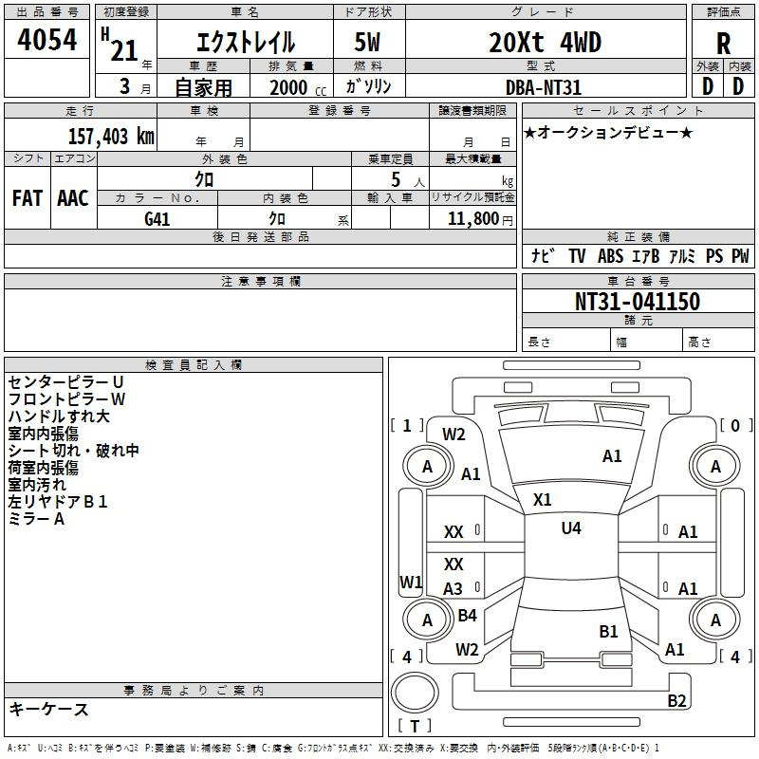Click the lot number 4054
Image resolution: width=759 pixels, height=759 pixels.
(46, 40)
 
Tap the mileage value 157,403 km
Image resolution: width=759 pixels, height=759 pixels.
(111, 137)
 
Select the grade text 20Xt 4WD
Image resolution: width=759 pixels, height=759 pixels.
(545, 42)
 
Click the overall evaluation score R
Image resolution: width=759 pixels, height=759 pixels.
(723, 44)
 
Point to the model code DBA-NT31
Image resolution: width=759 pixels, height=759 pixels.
(543, 87)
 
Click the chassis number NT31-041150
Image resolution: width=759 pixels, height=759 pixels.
(638, 301)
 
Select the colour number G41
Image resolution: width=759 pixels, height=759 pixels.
(157, 219)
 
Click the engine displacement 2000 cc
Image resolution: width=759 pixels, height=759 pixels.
(298, 88)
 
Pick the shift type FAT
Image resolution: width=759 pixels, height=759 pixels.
(28, 198)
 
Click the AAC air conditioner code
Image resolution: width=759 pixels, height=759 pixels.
(73, 198)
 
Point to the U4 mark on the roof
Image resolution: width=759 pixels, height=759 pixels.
(571, 528)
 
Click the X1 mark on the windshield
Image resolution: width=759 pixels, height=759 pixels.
(542, 500)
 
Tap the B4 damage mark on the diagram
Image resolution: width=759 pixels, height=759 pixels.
(467, 615)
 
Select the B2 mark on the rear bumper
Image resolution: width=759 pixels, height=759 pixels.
(676, 700)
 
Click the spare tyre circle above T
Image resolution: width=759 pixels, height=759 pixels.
(415, 693)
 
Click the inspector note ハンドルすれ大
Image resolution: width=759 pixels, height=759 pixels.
(59, 417)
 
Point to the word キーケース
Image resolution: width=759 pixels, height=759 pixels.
(48, 710)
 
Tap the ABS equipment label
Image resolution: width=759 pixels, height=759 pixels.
(610, 256)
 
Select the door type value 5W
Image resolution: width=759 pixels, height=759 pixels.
(367, 42)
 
